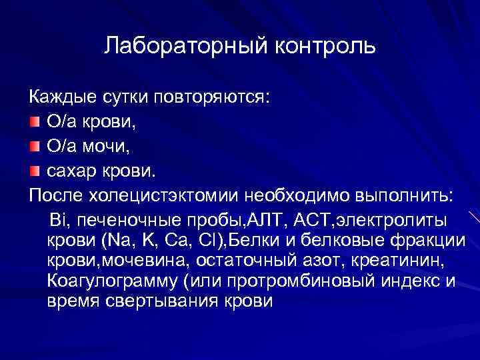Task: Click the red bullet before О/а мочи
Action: tap(35, 147)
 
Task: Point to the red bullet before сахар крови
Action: tap(35, 172)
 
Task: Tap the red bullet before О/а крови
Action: tap(35, 123)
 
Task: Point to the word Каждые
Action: tap(60, 98)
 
